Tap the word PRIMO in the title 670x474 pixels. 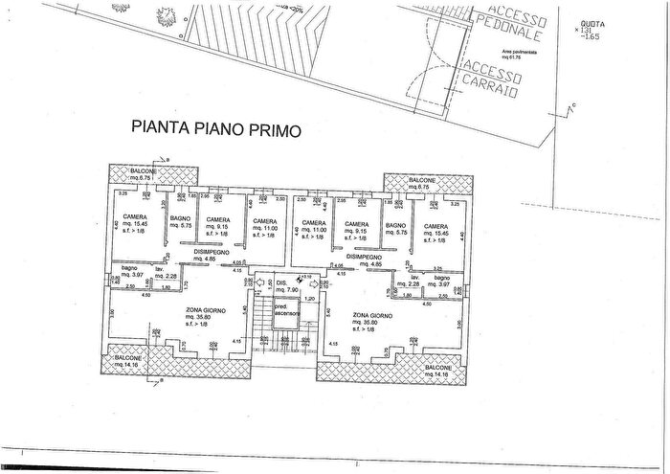point(275,127)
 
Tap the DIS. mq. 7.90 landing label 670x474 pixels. point(286,286)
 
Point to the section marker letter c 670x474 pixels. point(573,103)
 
